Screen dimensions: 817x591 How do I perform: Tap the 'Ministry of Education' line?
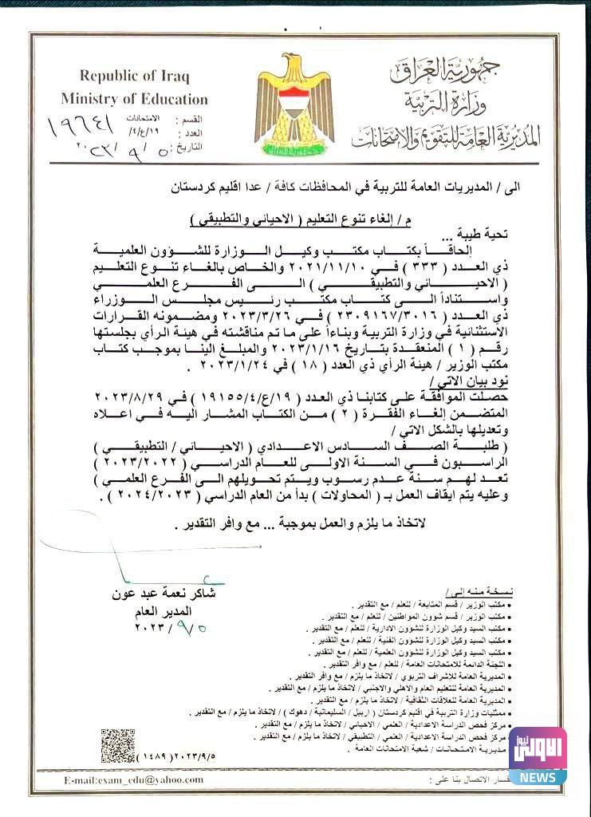click(x=134, y=99)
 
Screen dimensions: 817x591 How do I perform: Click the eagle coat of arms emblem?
click(x=294, y=102)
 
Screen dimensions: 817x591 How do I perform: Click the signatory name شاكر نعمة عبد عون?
click(x=165, y=594)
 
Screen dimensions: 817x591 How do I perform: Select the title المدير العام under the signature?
click(x=164, y=610)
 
